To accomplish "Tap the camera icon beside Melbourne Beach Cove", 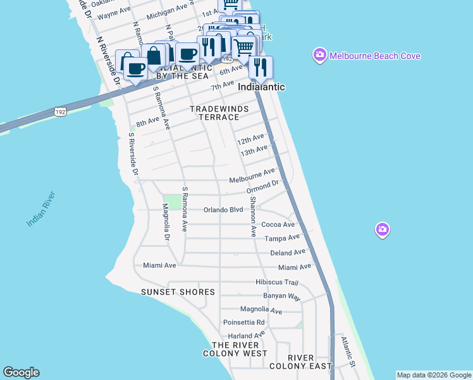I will [319, 56].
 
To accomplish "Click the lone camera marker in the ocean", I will [382, 230].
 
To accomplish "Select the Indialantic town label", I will [261, 87].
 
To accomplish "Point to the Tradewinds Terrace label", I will [219, 113].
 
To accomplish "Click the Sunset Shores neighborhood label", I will [178, 292].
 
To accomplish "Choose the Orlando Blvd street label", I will [223, 210].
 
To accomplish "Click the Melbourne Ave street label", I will [252, 175].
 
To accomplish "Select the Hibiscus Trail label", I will [276, 282].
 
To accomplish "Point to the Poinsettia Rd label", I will [243, 322].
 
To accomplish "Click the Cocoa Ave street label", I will [278, 225].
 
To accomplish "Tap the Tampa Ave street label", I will [282, 238].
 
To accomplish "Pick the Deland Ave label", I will [288, 253].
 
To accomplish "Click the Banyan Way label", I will [282, 296].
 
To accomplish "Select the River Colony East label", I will [301, 362].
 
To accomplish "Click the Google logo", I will [21, 372].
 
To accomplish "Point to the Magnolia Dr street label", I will [166, 222].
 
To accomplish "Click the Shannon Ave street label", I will [252, 217].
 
